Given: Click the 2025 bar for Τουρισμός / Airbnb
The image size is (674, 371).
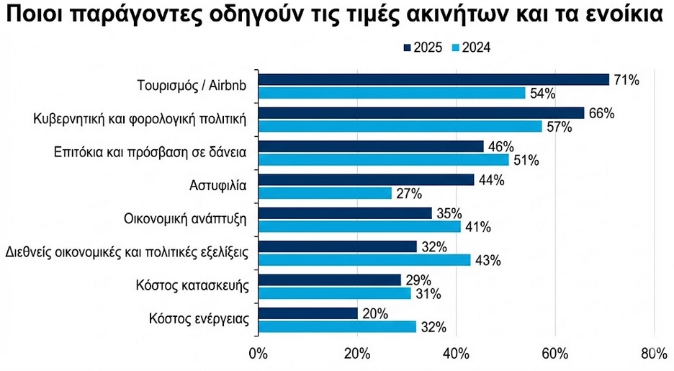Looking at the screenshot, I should pos(433,79).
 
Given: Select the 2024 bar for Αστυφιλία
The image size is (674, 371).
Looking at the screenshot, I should pos(325,193).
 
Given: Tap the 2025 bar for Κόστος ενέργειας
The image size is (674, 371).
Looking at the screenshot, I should pos(307,313).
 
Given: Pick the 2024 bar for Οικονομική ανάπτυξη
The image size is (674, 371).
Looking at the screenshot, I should pos(359,226).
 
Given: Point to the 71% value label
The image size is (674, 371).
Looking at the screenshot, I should pos(626,80).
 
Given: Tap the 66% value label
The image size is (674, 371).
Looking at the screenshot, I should pos(601,113).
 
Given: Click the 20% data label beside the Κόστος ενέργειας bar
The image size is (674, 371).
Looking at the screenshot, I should pos(374,313).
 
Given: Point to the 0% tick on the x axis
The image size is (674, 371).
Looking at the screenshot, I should pos(257,354).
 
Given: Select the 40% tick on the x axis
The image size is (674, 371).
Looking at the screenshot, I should pos(456,354).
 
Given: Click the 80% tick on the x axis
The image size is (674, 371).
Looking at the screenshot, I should pos(653,354).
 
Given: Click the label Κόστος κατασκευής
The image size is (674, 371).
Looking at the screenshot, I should pos(192,286).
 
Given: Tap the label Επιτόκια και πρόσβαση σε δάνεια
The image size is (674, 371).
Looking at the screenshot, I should pos(150,152).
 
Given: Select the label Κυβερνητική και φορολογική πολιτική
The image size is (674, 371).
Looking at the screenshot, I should pos(141,119).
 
